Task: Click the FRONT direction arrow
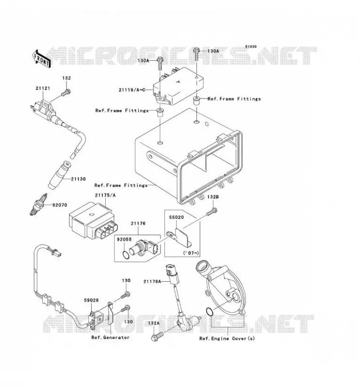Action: click(42, 59)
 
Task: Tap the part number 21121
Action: click(43, 88)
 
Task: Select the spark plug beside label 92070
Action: click(39, 204)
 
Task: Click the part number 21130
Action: click(78, 179)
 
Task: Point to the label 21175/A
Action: click(105, 195)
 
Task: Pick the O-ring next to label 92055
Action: click(126, 255)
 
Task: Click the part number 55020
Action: click(176, 217)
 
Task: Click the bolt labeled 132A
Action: click(158, 336)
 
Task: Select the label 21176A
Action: click(152, 281)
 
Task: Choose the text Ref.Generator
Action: click(111, 337)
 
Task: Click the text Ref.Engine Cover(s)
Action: click(227, 338)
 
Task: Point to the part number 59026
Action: click(91, 300)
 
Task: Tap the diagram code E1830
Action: click(251, 47)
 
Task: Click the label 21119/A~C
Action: click(131, 90)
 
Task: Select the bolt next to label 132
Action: click(65, 93)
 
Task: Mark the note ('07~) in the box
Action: click(191, 253)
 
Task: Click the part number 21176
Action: click(138, 224)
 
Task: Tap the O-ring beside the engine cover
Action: click(210, 312)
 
